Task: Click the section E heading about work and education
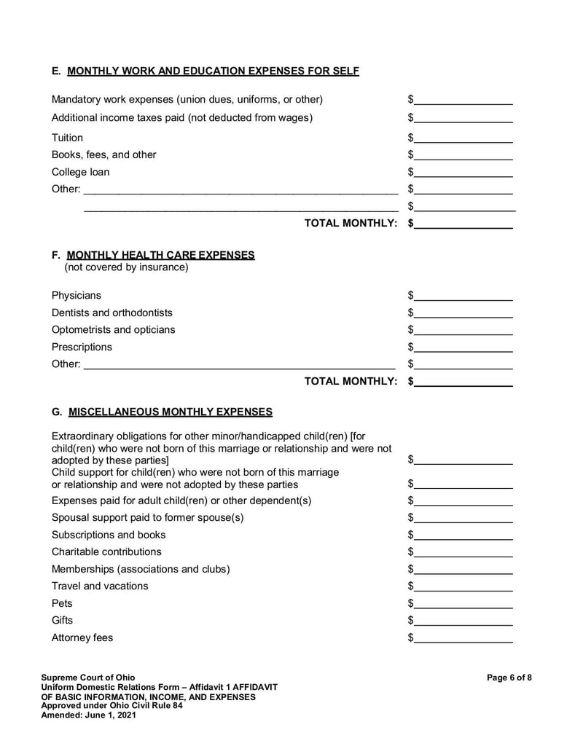pos(205,71)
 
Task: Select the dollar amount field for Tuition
pos(463,138)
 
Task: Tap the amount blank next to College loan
pos(463,173)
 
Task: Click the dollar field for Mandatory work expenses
pos(463,100)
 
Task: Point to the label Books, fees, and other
pos(103,155)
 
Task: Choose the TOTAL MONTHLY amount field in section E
pos(463,224)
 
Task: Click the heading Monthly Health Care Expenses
pos(160,255)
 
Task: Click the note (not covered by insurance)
pos(126,267)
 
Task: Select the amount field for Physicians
pos(463,296)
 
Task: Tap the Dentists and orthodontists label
pos(112,313)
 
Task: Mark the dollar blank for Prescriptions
pos(463,347)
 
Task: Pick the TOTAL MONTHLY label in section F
pos(351,381)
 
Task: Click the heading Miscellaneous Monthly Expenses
pos(170,412)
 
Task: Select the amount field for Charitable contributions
pos(463,552)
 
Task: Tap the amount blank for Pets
pos(463,604)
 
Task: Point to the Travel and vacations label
pos(100,586)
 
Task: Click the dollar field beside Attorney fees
pos(463,638)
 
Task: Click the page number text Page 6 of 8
pos(509,678)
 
